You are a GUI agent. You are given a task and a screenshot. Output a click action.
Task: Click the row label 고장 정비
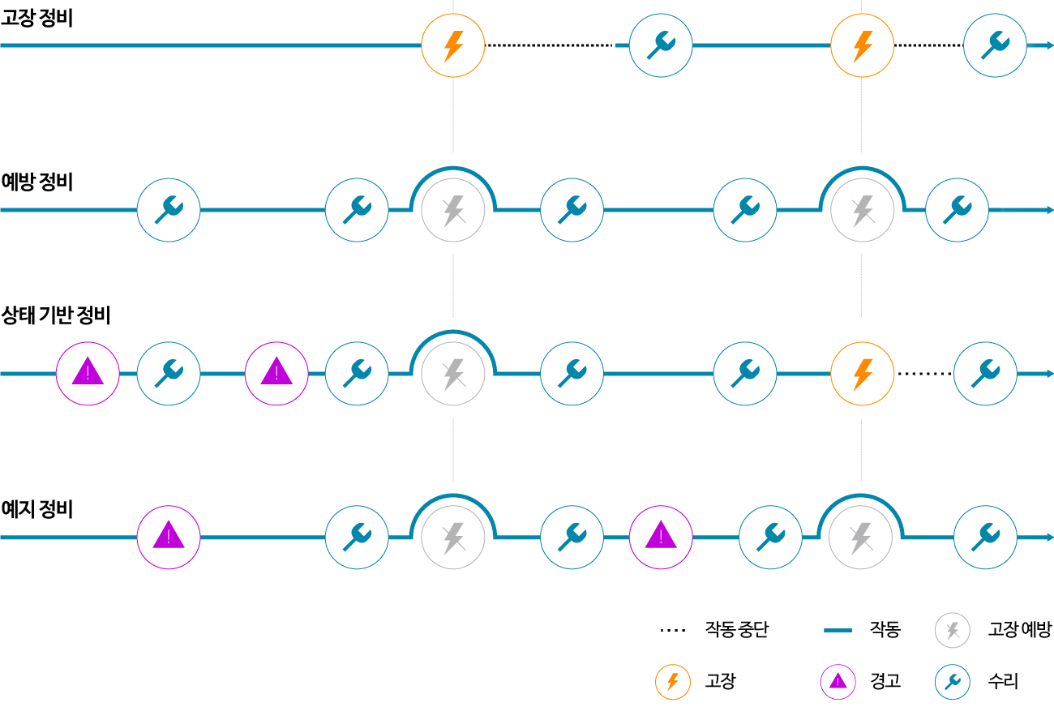coord(37,17)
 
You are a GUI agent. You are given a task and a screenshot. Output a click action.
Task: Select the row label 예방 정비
coord(37,182)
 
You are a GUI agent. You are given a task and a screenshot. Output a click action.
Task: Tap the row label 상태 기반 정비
coord(56,315)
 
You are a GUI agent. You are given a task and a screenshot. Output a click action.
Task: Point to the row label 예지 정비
coord(37,509)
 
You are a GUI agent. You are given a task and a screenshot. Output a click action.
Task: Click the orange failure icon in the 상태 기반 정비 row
coord(863,374)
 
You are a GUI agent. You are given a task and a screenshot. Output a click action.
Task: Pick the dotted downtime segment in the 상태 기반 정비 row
coord(924,374)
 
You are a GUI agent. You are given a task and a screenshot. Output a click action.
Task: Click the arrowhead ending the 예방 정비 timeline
coord(1049,210)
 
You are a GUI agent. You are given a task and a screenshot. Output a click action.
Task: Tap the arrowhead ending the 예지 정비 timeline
coord(1049,538)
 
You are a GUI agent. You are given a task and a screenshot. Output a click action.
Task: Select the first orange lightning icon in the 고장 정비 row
coord(453,46)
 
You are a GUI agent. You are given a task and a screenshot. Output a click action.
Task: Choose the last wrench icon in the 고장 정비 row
coord(995,46)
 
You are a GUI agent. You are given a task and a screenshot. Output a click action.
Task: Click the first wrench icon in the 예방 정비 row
coord(169,210)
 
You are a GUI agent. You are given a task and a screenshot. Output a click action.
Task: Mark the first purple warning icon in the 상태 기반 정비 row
coord(88,374)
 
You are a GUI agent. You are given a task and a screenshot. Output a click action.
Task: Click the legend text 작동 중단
coord(736,629)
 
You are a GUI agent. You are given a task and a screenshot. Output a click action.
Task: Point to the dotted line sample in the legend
coord(672,630)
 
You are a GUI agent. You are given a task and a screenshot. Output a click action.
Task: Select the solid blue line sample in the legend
coord(838,630)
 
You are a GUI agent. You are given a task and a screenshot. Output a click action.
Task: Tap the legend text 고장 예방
coord(1019,629)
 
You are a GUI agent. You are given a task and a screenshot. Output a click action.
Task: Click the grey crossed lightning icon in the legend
coord(953,630)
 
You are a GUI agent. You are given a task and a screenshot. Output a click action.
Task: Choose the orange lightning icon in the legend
coord(672,681)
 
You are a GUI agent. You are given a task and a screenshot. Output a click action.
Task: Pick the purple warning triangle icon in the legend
coord(838,681)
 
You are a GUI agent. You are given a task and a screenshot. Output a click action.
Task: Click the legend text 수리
coord(1003,681)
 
